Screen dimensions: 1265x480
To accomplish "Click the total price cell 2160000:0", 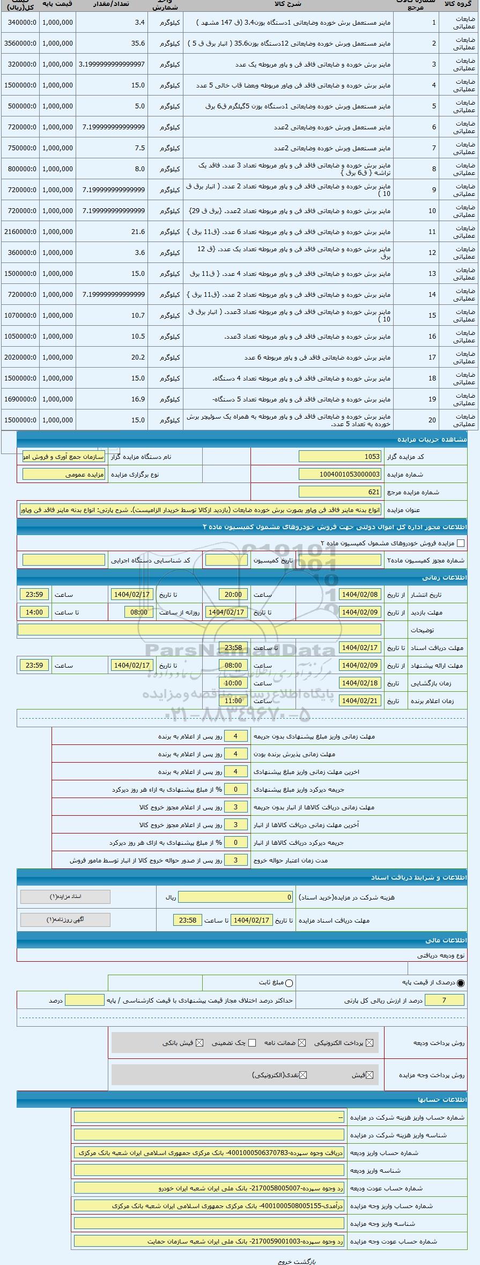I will coord(20,231).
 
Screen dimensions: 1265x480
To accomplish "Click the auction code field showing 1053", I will coord(340,456).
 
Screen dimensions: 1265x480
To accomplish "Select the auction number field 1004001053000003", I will coord(340,474).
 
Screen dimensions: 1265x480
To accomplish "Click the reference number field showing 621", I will coord(340,492).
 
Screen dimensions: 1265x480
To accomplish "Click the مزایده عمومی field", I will coord(64,474).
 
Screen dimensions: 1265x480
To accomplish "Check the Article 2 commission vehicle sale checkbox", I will coord(460,543).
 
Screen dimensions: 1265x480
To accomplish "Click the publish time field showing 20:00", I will coord(233,595).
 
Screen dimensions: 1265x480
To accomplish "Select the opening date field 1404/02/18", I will coord(360,683).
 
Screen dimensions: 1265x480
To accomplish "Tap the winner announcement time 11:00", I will coord(233,701).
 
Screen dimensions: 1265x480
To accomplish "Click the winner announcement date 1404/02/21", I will coord(360,701).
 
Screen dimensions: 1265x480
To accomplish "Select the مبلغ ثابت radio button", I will coord(290,983).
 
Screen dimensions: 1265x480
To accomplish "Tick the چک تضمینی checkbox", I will coord(253,1043).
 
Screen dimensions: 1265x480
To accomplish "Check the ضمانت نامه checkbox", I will coord(302,1043).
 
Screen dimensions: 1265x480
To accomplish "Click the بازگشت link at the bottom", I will coord(308,1261).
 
